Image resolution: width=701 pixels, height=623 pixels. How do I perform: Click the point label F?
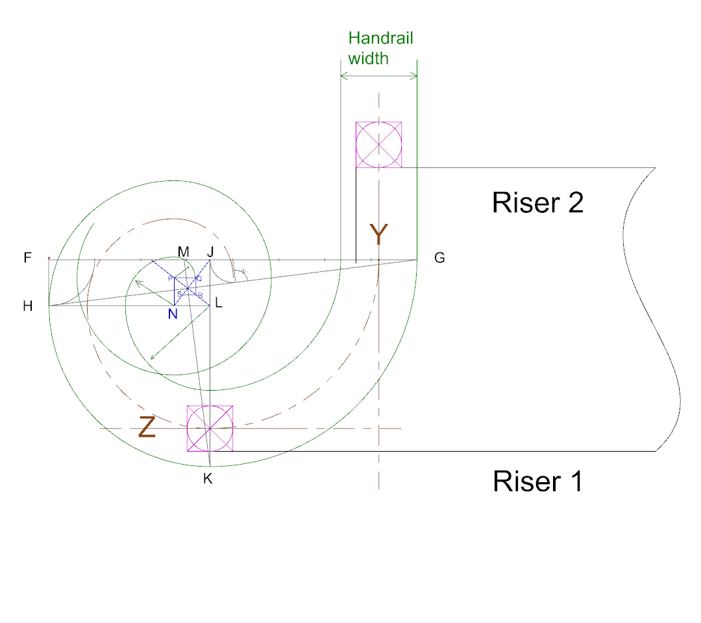pos(27,258)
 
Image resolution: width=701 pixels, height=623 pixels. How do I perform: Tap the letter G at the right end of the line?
pos(439,258)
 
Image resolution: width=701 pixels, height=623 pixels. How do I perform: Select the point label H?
pos(27,306)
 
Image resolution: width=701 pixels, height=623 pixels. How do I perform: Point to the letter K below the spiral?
pos(208,480)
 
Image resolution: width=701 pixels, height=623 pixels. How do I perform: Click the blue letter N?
pos(173,314)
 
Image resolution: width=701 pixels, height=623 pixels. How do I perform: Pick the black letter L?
pos(218,303)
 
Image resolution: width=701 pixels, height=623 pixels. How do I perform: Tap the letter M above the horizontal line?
pos(184,251)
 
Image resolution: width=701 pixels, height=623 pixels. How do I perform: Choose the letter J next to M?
pos(210,251)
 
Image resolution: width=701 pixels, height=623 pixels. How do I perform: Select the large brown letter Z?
pos(147,428)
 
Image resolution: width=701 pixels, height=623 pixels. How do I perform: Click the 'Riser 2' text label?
pos(537,202)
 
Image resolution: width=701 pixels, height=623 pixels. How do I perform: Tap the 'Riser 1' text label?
pos(537,482)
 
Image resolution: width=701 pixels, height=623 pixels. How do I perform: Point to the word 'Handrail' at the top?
pos(380,38)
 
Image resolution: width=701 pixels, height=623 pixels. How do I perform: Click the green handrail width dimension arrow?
pos(378,77)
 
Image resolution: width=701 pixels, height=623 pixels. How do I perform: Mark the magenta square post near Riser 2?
pos(378,145)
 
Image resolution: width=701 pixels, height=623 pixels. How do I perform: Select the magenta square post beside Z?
pos(210,428)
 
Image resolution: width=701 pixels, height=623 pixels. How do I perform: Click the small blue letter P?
pos(171,278)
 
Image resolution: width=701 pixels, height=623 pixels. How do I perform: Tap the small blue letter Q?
pos(199,278)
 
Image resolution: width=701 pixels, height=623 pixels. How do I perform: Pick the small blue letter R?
pos(201,295)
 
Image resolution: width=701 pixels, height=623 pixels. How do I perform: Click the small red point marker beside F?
pos(49,258)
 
